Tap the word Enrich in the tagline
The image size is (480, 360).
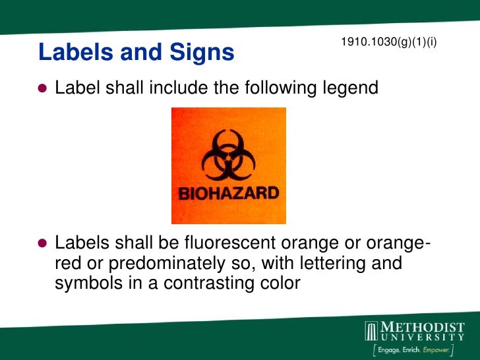pyautogui.click(x=414, y=350)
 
